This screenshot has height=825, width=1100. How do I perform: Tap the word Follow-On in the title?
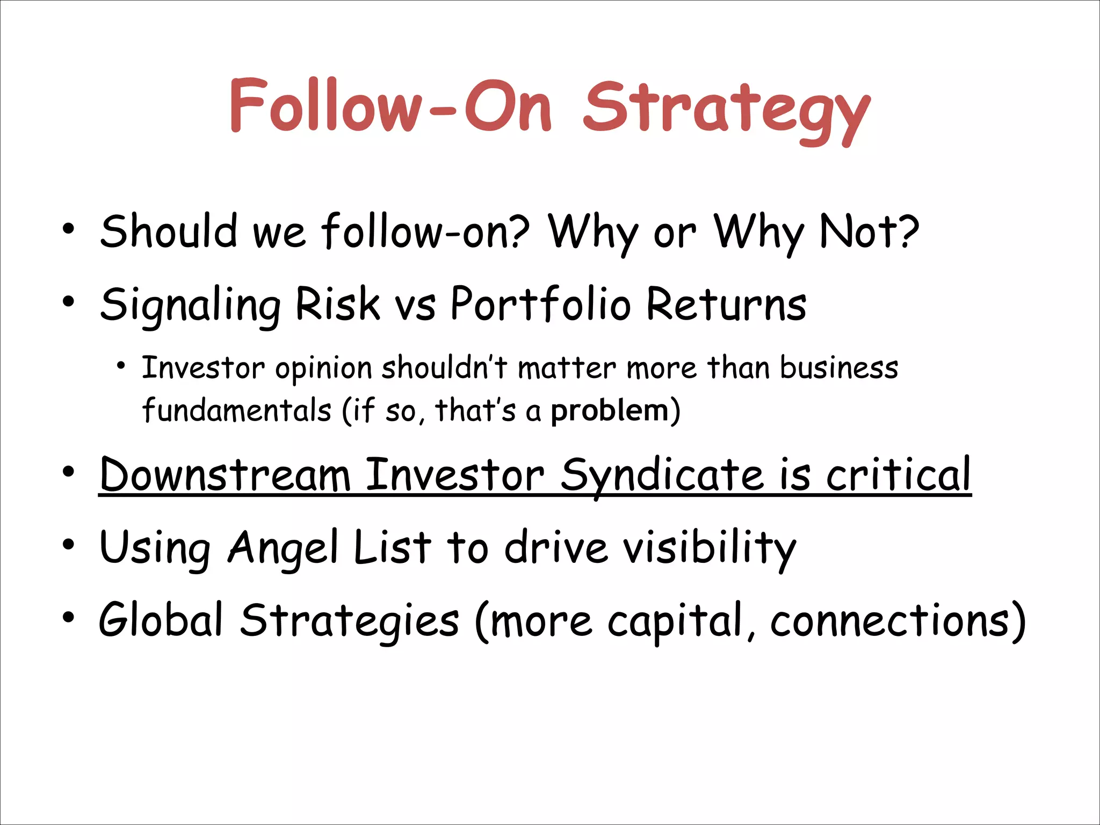[390, 105]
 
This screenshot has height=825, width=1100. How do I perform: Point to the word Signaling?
[190, 305]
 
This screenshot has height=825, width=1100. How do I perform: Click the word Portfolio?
[540, 304]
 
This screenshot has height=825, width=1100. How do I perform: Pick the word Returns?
[726, 304]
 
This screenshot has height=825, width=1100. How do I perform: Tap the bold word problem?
[610, 411]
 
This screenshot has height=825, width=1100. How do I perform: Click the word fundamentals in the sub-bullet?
[236, 411]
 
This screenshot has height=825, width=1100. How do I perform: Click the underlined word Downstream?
[225, 475]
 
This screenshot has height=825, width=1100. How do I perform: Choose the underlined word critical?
[898, 475]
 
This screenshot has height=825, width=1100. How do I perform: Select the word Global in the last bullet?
[161, 620]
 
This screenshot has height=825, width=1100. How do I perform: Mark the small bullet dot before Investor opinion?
[121, 367]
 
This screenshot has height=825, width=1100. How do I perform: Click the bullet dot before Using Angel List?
[68, 545]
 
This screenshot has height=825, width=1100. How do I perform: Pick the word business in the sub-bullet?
[838, 368]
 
